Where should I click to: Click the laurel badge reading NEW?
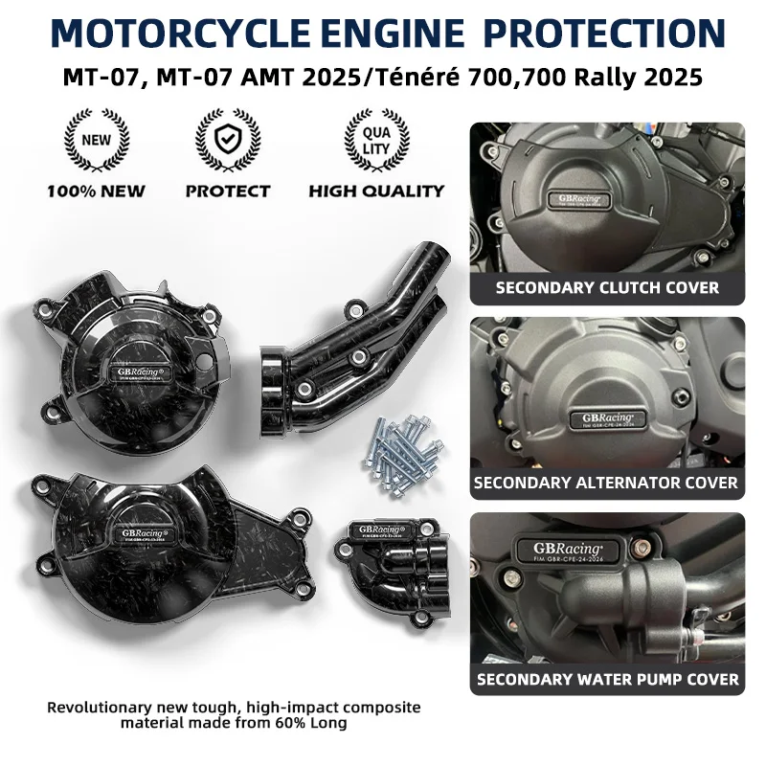[x=96, y=140]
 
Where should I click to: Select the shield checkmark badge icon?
[x=227, y=140]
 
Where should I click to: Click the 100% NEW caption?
[x=96, y=191]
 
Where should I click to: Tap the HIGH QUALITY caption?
[x=376, y=191]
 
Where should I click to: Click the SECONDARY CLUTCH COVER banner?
[x=607, y=286]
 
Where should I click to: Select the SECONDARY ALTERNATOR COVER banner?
[x=607, y=482]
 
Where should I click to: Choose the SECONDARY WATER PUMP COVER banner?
[x=607, y=679]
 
